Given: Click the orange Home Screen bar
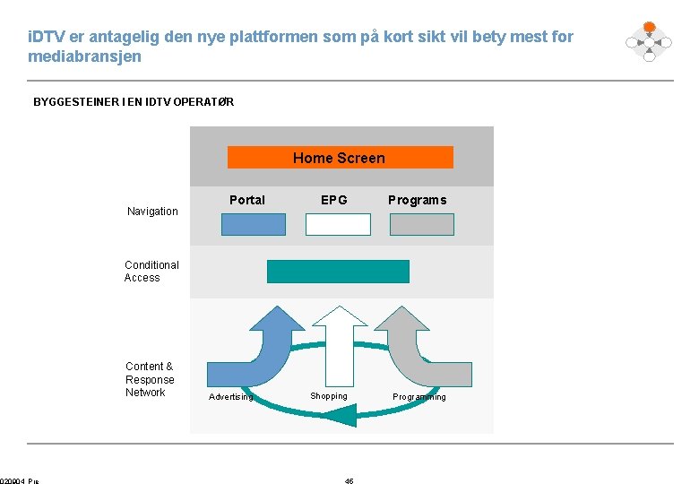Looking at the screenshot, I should (340, 158).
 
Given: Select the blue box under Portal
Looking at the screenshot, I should (254, 224).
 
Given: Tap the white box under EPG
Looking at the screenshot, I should (338, 224).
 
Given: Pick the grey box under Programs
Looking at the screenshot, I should (421, 224).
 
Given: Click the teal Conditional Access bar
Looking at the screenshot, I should (338, 272).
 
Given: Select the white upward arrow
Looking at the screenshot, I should (339, 345).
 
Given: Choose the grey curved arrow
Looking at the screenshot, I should (421, 350).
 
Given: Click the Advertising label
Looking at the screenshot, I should (230, 397).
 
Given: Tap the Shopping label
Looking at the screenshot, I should (329, 396).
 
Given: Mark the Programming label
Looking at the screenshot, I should (419, 397).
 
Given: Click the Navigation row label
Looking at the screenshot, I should (152, 212).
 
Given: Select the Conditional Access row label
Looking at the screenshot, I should (151, 272).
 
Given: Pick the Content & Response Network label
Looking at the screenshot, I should (150, 379).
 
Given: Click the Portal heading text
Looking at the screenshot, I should (247, 200).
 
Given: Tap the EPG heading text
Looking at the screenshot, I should (334, 200).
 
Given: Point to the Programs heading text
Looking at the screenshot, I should (417, 200).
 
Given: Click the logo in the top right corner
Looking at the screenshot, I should (649, 41).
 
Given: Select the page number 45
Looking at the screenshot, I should (349, 481).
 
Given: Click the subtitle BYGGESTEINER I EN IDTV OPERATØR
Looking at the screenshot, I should (134, 102).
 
